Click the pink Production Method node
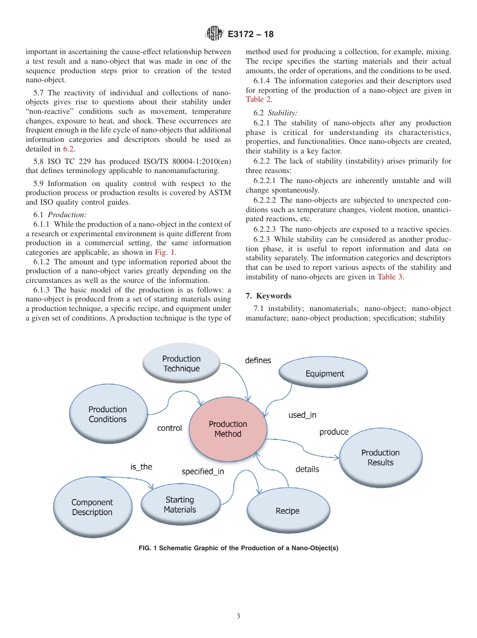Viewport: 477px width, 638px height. [x=227, y=429]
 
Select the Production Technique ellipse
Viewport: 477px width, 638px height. [x=181, y=364]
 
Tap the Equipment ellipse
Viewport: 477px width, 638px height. [x=324, y=374]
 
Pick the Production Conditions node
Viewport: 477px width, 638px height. [x=107, y=414]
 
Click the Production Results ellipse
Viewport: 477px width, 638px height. [x=380, y=457]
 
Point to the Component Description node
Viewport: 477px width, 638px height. [x=92, y=507]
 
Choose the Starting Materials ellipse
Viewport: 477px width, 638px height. [x=180, y=505]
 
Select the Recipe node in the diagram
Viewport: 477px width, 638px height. [x=287, y=511]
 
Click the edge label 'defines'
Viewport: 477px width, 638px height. [x=258, y=361]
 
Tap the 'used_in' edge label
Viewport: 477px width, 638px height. [x=302, y=415]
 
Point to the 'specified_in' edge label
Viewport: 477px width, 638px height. [x=203, y=472]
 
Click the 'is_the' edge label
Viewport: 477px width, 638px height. [x=141, y=467]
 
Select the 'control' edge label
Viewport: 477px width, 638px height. [x=169, y=428]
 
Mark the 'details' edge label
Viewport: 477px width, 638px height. [x=307, y=469]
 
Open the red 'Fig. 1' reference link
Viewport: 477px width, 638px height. [x=165, y=252]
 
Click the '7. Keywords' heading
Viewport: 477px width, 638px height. [x=268, y=296]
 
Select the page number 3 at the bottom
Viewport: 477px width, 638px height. [x=238, y=616]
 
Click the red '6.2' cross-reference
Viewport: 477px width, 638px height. [x=69, y=149]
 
